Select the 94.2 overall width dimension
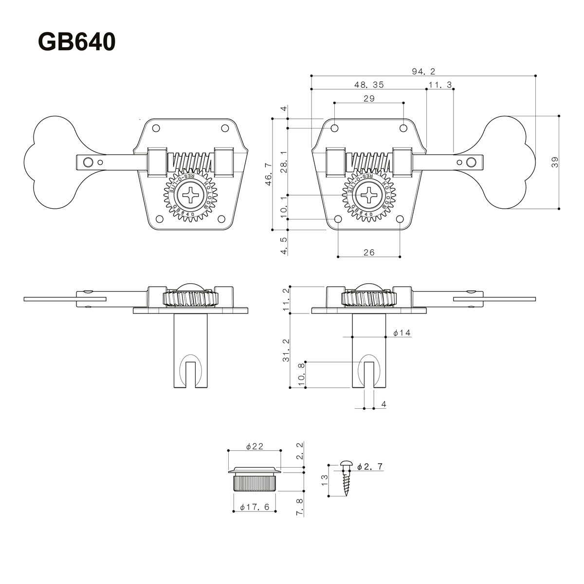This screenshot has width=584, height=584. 423,72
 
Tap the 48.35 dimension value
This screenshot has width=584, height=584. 369,85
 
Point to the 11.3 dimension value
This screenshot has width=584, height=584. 440,85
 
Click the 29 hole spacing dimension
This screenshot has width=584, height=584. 369,98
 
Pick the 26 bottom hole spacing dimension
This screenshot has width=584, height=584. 369,252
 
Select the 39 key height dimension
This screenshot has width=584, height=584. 555,163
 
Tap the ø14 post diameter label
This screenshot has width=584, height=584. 402,333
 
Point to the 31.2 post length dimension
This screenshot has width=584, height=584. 286,350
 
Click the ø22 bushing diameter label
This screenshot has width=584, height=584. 255,446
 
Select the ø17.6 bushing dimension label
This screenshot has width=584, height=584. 255,507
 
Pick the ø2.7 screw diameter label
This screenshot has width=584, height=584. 370,467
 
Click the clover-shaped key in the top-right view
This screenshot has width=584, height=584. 509,163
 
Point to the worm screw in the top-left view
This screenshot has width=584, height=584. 190,161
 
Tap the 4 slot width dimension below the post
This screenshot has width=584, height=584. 383,404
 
